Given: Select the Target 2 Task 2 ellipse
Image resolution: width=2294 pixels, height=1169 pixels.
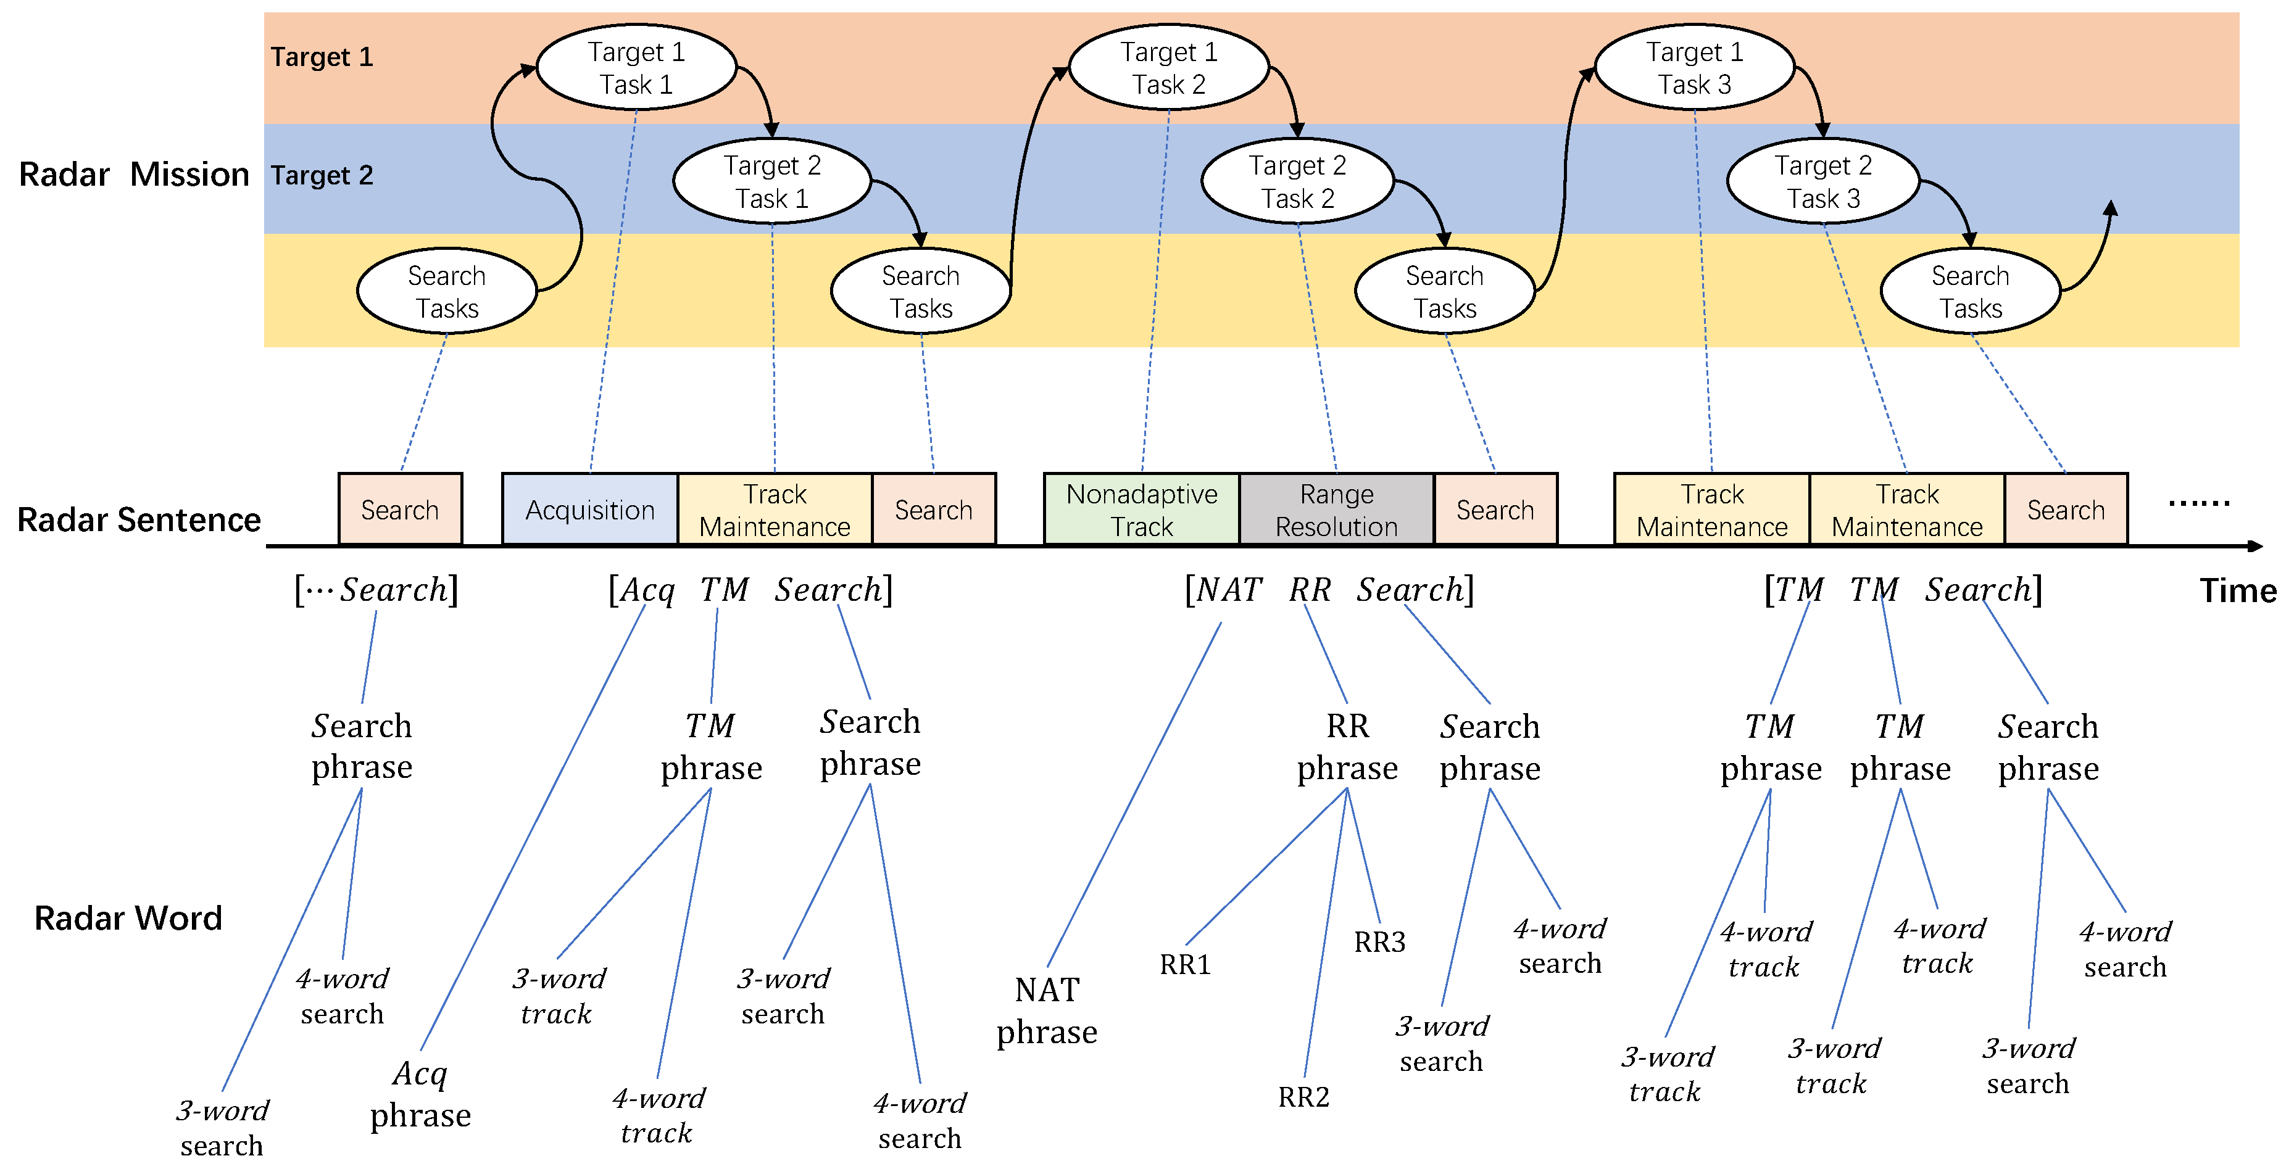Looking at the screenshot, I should (x=1297, y=181).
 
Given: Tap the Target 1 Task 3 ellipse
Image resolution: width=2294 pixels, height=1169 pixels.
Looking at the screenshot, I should (x=1693, y=68).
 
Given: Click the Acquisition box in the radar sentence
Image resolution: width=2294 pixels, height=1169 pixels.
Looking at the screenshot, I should (x=589, y=510).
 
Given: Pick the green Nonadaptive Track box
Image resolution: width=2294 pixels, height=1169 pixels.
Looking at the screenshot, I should (x=1142, y=510).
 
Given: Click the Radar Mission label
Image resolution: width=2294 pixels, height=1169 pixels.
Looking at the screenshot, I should (x=133, y=175).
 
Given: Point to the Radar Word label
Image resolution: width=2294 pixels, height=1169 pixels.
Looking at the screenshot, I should (x=128, y=918).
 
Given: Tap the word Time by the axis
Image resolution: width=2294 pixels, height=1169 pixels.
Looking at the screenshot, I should (x=2237, y=590).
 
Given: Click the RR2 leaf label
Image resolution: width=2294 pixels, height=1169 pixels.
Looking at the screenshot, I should (x=1303, y=1097).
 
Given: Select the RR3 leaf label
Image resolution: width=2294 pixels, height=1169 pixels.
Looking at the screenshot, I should (x=1379, y=942).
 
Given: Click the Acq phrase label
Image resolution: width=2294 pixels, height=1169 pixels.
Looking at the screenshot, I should (x=420, y=1094).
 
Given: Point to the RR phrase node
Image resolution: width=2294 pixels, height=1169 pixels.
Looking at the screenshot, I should (x=1347, y=747).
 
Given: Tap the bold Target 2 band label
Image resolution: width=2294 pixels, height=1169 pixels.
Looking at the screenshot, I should (x=322, y=175).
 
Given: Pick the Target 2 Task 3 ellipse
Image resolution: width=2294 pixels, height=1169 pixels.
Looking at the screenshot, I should (x=1823, y=181).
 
